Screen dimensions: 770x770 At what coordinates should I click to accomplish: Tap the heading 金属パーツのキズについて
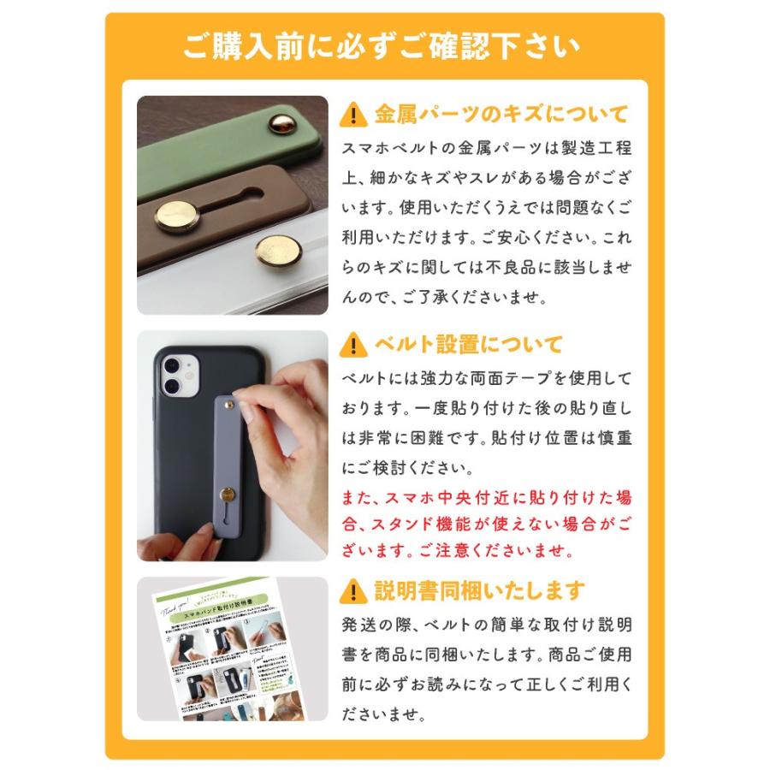point(500,114)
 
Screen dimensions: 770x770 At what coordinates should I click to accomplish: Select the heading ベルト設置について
point(468,345)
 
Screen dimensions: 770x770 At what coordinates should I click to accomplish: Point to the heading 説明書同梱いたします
point(479,590)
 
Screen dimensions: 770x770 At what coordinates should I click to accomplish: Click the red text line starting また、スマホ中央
point(486,497)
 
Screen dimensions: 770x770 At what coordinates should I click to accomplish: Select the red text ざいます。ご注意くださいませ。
point(453,548)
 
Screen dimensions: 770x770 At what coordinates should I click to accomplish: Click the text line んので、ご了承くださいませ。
point(442,298)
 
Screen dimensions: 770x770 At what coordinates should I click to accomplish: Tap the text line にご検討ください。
point(406,470)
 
